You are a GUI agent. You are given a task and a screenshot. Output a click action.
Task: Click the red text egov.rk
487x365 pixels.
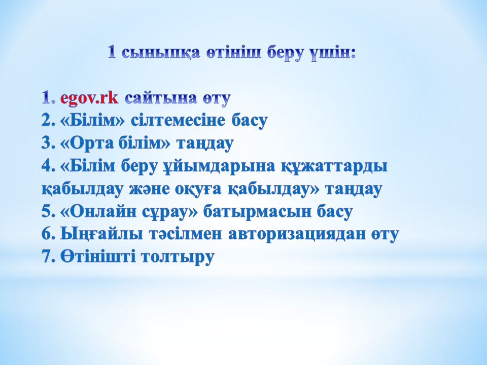(89, 98)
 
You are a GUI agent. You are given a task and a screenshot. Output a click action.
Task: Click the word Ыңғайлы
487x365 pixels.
(102, 235)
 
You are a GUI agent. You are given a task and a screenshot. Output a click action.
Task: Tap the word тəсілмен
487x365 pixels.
(186, 235)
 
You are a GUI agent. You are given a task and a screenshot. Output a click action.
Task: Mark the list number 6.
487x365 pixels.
(48, 235)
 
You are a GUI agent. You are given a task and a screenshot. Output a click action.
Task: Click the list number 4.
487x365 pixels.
(48, 166)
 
